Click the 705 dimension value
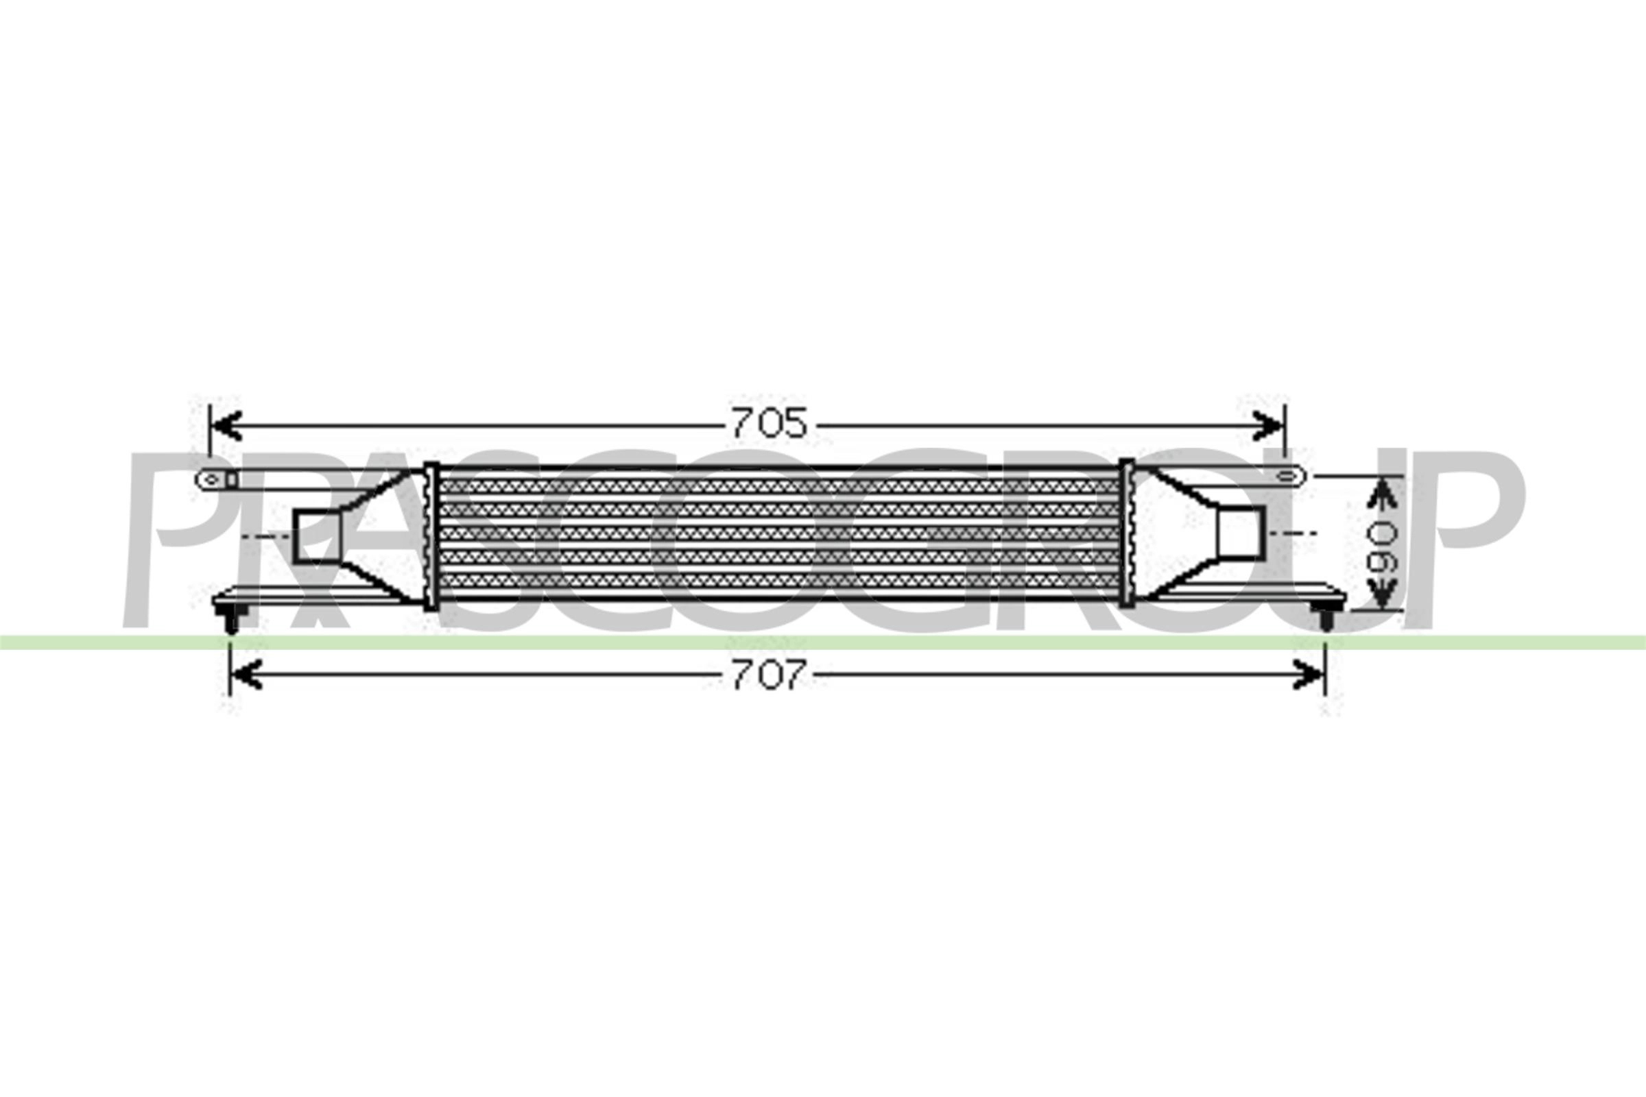coord(769,423)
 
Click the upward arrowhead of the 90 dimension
coord(1381,495)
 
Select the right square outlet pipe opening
coord(1241,533)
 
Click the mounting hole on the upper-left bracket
coord(212,479)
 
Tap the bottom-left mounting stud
coord(232,620)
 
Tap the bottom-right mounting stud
coord(1326,618)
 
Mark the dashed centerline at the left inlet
coord(266,536)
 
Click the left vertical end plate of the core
coord(431,535)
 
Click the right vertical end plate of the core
coord(1126,533)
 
